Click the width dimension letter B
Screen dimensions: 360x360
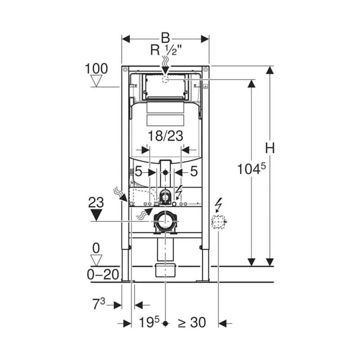(165, 38)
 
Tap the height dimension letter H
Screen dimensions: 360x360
(270, 148)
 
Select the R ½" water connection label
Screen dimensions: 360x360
(166, 50)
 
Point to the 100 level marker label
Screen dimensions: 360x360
(96, 69)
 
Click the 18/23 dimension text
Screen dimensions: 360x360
(165, 136)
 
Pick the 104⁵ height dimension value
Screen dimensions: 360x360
(252, 169)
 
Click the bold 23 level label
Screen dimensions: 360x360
(96, 203)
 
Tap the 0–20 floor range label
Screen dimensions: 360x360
(103, 274)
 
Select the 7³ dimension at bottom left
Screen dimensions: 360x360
(99, 304)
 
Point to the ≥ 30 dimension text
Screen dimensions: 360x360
(192, 323)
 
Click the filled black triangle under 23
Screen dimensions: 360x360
(96, 215)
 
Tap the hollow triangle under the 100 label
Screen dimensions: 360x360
(96, 81)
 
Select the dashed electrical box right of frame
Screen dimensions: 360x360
(218, 222)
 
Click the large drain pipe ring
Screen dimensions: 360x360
(165, 221)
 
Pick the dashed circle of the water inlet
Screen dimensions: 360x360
(165, 80)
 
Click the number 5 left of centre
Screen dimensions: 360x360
(138, 171)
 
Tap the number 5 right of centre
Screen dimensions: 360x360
(194, 171)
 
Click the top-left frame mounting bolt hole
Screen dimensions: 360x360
(125, 69)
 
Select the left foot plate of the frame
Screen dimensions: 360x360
(127, 280)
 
